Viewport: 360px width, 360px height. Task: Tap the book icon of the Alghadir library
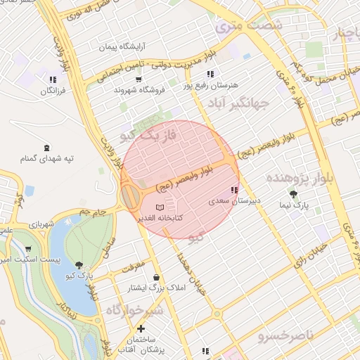pos(160,207)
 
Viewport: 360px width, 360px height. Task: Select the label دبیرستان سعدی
pos(234,201)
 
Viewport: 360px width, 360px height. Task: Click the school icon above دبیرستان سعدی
pos(234,190)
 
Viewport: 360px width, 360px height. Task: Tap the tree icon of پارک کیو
pos(79,264)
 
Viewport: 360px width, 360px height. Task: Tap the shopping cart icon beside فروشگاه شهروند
pos(119,89)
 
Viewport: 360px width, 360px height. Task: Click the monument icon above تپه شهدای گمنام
pos(47,147)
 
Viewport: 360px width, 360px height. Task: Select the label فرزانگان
pos(53,91)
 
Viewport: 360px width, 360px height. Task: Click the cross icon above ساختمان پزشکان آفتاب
pos(141,328)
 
